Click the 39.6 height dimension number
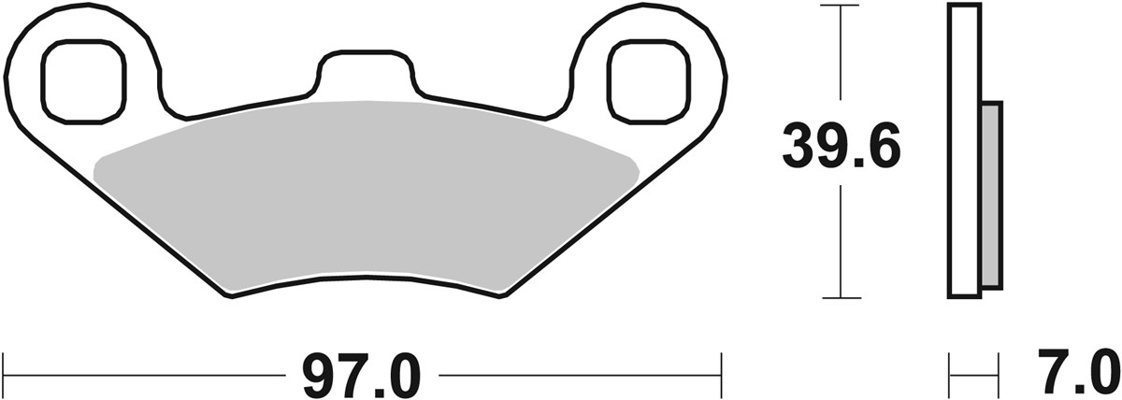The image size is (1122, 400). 841,150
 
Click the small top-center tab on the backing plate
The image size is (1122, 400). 364,71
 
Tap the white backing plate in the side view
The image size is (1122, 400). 965,150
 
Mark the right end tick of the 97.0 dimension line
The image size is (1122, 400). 721,374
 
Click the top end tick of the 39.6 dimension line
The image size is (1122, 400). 842,7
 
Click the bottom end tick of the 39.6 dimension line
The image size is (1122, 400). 842,298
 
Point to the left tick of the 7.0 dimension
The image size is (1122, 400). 951,374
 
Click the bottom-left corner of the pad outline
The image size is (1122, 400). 230,296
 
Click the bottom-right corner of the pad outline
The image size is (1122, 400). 506,296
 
